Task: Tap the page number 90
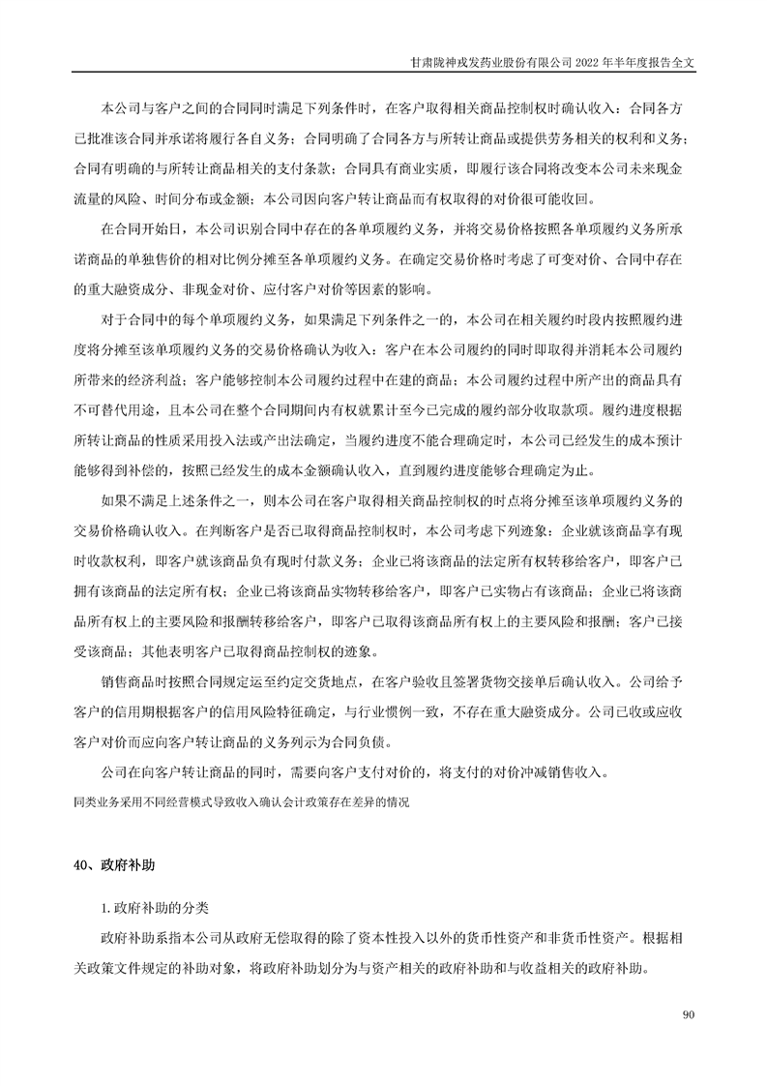coord(689,1015)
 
